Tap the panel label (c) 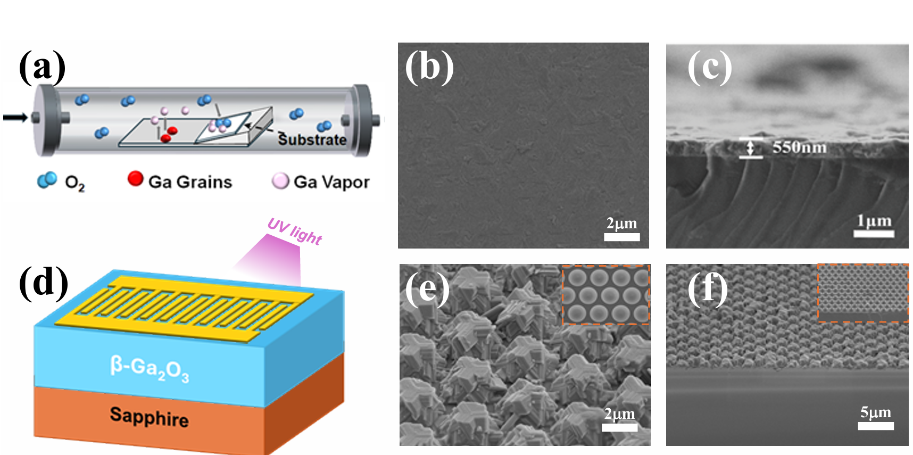(710, 68)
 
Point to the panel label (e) (427, 289)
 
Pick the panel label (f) (707, 289)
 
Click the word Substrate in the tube (312, 139)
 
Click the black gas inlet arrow (15, 117)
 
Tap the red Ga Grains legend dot (135, 179)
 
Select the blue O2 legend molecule (47, 180)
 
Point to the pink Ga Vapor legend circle (280, 181)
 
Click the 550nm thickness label (799, 147)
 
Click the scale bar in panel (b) (621, 237)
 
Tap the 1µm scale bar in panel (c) (874, 233)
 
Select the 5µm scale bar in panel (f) (875, 426)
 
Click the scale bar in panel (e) (619, 427)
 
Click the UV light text (294, 231)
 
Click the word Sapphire (149, 417)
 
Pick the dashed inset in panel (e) (606, 294)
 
